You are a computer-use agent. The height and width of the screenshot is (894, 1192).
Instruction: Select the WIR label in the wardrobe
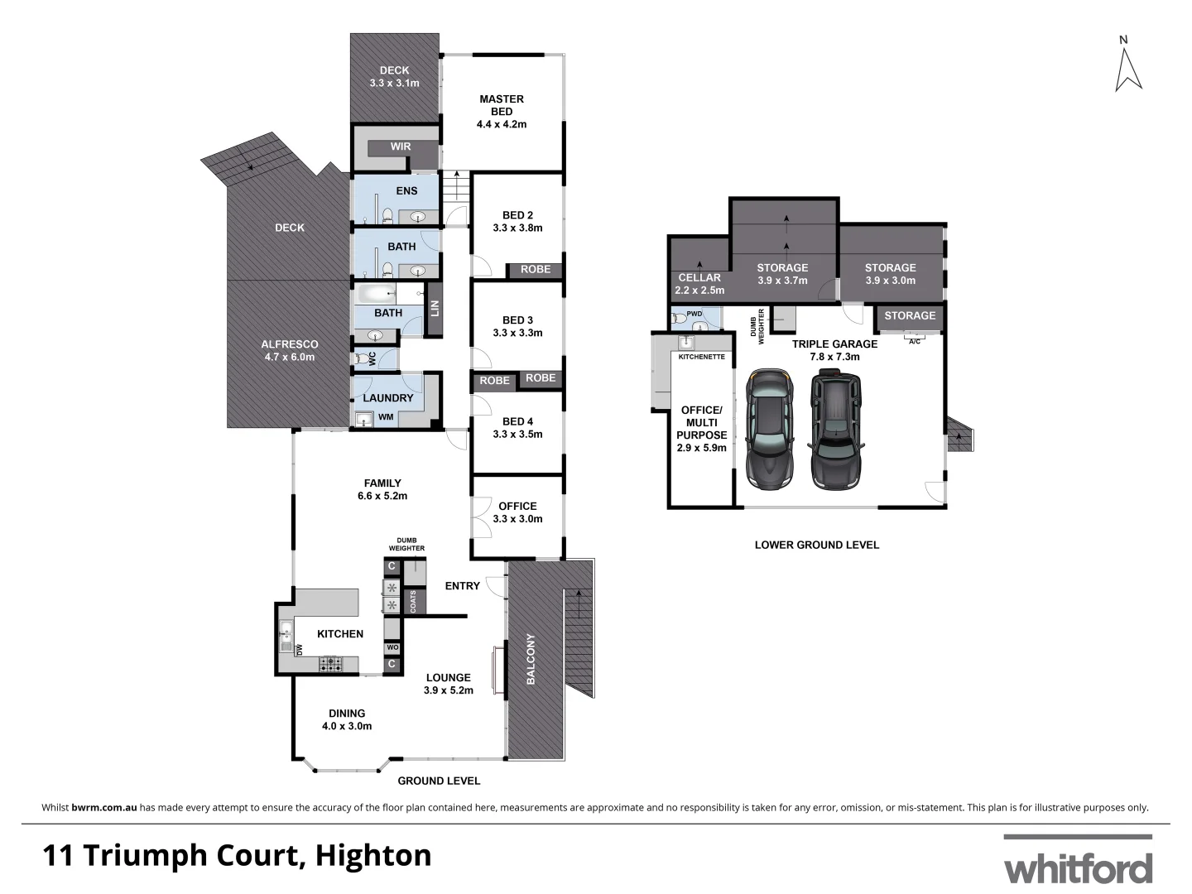401,147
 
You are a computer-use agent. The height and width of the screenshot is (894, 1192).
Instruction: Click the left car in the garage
769,429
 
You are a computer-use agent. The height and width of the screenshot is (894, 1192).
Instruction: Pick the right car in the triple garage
836,429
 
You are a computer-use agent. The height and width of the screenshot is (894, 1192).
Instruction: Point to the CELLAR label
699,278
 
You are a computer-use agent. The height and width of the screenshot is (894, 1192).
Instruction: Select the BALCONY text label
531,659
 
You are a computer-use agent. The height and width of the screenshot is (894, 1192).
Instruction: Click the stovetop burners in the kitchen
331,663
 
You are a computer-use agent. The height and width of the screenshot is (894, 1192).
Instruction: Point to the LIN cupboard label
434,309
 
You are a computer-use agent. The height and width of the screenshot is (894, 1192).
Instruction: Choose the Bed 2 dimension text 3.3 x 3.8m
517,228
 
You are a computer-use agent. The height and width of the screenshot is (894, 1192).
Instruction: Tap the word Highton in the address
374,855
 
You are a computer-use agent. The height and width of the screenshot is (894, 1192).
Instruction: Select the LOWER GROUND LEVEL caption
816,545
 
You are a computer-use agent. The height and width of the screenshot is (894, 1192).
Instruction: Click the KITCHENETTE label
701,357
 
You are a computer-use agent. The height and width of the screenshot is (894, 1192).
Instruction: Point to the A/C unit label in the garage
914,341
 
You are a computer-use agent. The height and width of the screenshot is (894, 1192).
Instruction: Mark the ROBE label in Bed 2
536,269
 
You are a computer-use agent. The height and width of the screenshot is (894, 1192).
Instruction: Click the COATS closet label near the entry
413,602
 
